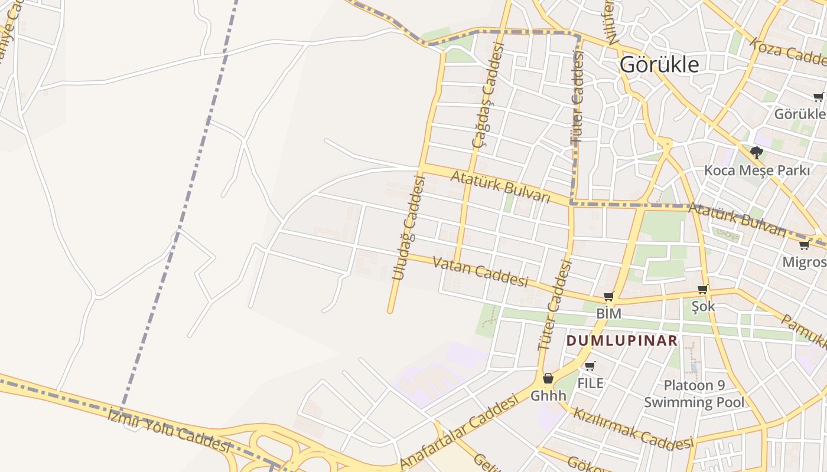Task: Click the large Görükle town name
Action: [x=659, y=64]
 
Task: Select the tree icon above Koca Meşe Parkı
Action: [x=756, y=153]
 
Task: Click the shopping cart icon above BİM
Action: [x=608, y=296]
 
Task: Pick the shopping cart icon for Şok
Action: [x=703, y=289]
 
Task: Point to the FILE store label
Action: [x=590, y=383]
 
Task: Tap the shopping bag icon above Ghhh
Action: [x=548, y=378]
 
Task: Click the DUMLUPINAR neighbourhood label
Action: [x=621, y=341]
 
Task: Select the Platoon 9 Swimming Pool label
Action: [x=693, y=394]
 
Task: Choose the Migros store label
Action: [x=804, y=262]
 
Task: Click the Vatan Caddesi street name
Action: [x=480, y=271]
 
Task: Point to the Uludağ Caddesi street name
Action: [x=409, y=228]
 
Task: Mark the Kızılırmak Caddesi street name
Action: [x=633, y=428]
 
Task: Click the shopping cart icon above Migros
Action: [x=804, y=245]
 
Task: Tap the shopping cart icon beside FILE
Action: [x=590, y=366]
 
